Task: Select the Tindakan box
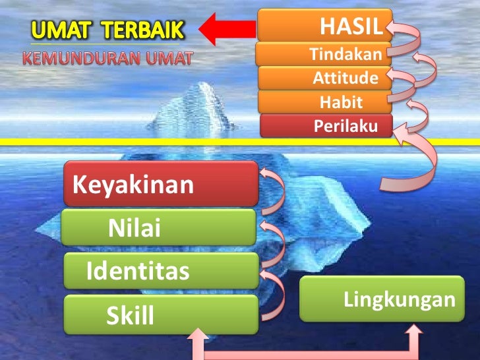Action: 323,55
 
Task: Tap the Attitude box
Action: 324,78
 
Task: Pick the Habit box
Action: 324,102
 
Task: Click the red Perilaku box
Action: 326,125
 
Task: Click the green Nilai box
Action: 158,228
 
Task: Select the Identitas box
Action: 161,270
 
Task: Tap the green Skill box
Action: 161,315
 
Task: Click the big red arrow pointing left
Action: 227,29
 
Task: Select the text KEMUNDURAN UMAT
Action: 109,58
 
